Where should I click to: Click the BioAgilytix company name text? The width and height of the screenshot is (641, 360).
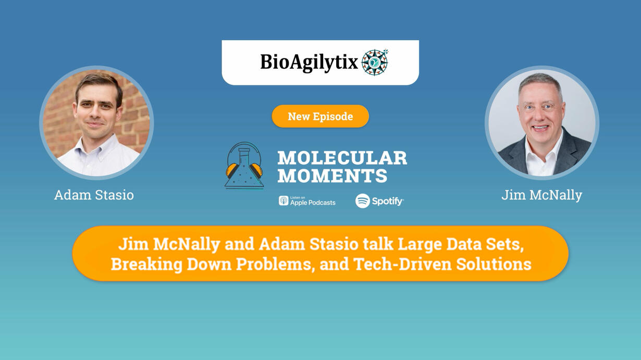(309, 63)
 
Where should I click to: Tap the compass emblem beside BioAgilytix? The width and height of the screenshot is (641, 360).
(375, 62)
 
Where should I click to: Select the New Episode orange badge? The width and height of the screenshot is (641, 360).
(320, 116)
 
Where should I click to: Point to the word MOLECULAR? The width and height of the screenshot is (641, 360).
(342, 158)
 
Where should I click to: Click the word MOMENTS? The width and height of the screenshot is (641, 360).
(332, 175)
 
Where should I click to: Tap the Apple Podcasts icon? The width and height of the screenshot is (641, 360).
(283, 201)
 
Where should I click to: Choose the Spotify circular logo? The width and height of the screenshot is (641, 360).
(363, 201)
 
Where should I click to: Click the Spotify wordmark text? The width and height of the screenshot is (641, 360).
(388, 202)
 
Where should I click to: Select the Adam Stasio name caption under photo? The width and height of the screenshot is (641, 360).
(94, 195)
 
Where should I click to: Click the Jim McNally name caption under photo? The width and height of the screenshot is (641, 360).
(541, 195)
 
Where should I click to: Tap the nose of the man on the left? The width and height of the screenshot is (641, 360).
(95, 113)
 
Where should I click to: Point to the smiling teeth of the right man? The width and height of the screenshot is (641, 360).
(540, 127)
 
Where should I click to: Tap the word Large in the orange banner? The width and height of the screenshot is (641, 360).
(420, 245)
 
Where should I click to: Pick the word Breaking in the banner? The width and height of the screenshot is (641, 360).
(146, 264)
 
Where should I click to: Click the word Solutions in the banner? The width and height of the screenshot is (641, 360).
(494, 264)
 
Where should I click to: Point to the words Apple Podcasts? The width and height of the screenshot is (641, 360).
(313, 203)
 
